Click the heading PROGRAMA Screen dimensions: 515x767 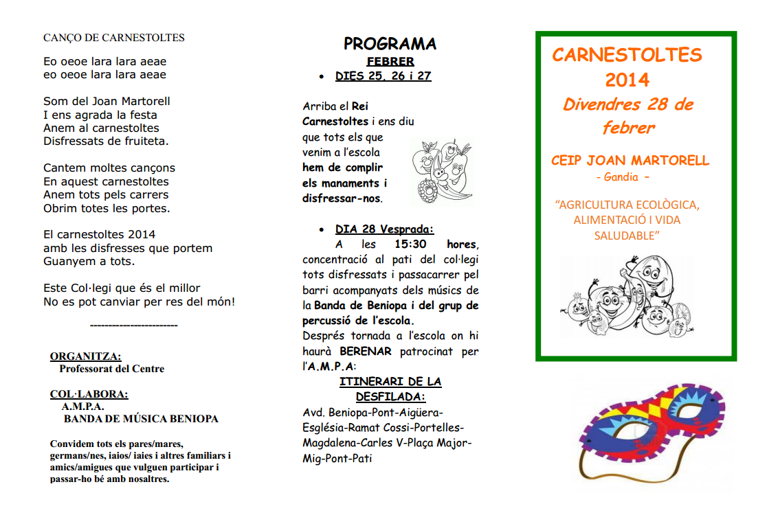[390, 44]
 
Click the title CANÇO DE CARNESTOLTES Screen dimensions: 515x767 [114, 38]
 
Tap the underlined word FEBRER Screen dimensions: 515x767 [390, 62]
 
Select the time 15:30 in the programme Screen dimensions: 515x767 [410, 244]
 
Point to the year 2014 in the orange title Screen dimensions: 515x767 [627, 80]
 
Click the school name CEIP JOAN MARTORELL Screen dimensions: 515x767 [630, 161]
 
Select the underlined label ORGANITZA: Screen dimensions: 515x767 [85, 356]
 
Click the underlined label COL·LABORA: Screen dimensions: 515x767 [89, 394]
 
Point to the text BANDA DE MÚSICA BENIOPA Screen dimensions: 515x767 [141, 419]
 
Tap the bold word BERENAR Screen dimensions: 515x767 [365, 352]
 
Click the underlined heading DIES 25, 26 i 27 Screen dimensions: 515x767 [383, 76]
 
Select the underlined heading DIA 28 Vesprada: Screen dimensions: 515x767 [384, 229]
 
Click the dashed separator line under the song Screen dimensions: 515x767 [134, 325]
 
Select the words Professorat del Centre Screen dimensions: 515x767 [112, 369]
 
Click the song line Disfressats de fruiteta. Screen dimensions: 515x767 [106, 141]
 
